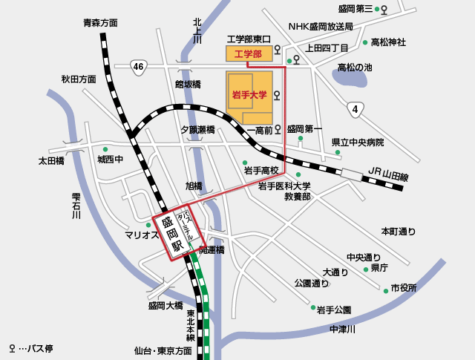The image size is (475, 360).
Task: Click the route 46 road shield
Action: pos(139,67)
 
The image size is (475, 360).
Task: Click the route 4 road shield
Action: pos(356,110)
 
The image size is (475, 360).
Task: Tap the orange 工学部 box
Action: pos(248,53)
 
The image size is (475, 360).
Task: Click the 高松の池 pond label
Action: pos(355,68)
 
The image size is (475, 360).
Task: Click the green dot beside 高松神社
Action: pos(364,42)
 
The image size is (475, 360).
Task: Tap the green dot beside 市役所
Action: pos(385,290)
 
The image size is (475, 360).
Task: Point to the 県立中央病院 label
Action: pos(358,142)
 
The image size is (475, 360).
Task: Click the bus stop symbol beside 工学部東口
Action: pos(277,50)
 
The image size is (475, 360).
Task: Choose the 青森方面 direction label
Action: pos(100,23)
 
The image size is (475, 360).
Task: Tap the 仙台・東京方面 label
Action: pos(159,350)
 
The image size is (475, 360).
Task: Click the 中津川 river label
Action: pos(343,329)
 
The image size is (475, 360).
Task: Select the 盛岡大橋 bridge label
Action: pos(166,305)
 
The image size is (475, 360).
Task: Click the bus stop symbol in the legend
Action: pos(10,348)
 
